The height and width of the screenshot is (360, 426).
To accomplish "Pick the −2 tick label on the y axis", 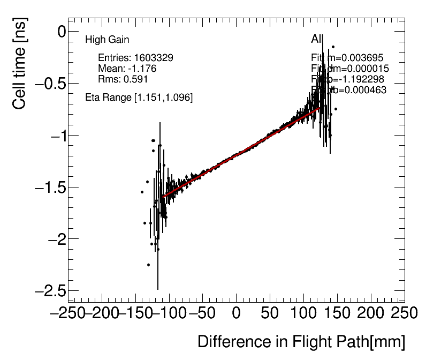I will coord(56,239).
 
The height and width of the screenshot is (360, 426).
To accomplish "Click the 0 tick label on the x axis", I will coord(236,313).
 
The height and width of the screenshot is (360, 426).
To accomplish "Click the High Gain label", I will coord(107,40).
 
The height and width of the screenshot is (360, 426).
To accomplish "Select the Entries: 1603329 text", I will coord(135,57).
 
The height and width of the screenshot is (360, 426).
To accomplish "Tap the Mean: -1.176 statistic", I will coord(127,68).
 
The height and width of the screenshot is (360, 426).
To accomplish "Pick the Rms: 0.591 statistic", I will coord(123,79).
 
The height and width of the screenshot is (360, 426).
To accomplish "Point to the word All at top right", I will coord(317,39).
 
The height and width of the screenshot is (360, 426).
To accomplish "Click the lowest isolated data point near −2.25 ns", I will coord(148,265).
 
